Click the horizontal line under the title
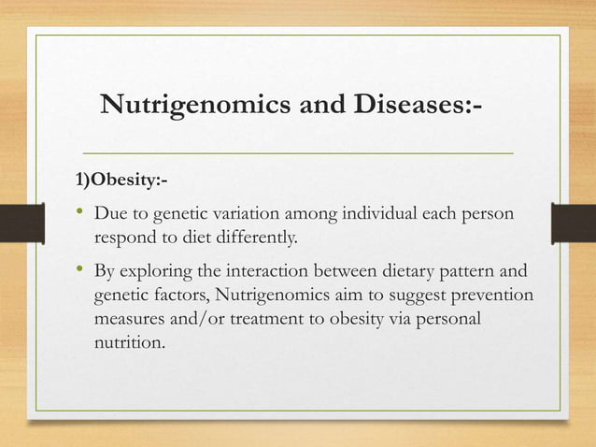pyautogui.click(x=298, y=151)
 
